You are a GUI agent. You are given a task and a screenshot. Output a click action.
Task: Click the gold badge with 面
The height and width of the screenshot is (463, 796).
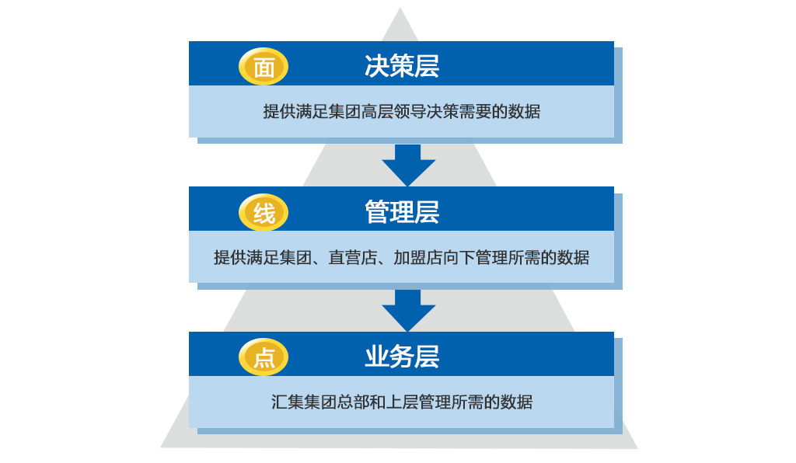point(264,67)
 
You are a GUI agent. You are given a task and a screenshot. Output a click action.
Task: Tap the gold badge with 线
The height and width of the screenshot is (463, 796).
point(264,213)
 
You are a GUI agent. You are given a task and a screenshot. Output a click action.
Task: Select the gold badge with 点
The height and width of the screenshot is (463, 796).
point(264,357)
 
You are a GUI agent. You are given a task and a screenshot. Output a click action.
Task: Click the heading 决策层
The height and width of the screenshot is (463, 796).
point(402,66)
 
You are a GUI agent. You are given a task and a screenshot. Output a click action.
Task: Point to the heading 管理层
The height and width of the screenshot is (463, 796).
point(402,212)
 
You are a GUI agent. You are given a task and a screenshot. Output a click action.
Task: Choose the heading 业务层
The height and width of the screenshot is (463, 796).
point(402,357)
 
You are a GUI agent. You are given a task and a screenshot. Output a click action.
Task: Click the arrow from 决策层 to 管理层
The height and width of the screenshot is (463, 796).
point(408,165)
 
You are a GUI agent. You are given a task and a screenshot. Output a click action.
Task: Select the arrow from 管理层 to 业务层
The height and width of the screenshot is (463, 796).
point(408,311)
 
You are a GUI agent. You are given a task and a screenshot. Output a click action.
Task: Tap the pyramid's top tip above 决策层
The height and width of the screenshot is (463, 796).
point(400,8)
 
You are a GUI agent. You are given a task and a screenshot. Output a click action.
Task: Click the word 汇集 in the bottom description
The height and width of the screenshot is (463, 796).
point(288,402)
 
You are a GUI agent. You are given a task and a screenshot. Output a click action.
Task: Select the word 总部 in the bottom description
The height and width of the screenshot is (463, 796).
point(353,402)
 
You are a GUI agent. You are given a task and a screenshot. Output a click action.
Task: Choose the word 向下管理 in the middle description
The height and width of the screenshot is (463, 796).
point(475,258)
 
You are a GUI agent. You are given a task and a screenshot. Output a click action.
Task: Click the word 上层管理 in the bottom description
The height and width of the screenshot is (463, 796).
point(418,402)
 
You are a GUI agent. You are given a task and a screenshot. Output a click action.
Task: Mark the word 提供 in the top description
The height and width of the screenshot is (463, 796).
point(279,112)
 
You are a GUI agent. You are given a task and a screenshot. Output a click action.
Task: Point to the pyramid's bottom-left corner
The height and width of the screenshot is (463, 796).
point(161,447)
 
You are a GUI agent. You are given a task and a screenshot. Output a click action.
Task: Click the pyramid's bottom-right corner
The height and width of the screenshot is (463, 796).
point(637,447)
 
